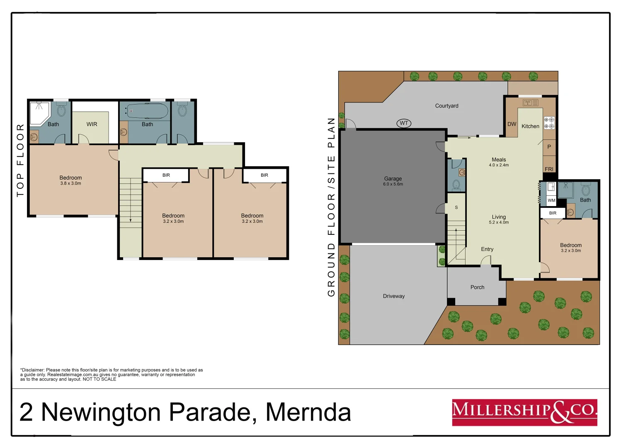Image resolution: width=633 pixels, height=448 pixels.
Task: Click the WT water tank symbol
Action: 404,123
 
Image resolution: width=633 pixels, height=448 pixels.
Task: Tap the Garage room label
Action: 393,179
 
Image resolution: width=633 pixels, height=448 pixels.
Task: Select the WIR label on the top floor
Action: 92,124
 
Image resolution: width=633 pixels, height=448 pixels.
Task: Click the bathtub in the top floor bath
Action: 147,111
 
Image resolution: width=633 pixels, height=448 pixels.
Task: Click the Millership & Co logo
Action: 524,412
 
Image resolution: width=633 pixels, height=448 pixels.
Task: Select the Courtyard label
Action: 446,106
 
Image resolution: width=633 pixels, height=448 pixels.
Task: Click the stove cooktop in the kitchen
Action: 549,123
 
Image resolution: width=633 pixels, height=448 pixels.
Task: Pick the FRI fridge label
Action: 549,169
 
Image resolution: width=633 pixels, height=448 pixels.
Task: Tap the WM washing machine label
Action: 551,200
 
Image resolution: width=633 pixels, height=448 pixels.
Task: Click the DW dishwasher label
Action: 512,124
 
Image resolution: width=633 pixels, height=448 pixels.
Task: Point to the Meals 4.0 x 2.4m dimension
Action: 499,165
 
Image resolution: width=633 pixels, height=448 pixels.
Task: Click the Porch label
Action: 477,287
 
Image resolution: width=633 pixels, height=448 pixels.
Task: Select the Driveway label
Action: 393,296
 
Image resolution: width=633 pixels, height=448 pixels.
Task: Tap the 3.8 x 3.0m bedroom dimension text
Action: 70,183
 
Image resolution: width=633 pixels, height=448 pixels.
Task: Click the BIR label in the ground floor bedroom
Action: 553,213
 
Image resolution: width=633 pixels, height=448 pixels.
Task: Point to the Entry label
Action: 487,249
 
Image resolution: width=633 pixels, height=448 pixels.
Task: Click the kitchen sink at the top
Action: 530,102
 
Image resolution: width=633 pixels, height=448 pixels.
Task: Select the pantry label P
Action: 549,147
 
